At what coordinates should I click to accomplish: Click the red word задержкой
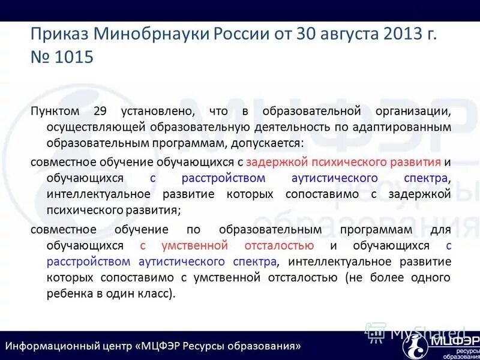(277, 161)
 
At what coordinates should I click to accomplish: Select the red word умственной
(194, 245)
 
